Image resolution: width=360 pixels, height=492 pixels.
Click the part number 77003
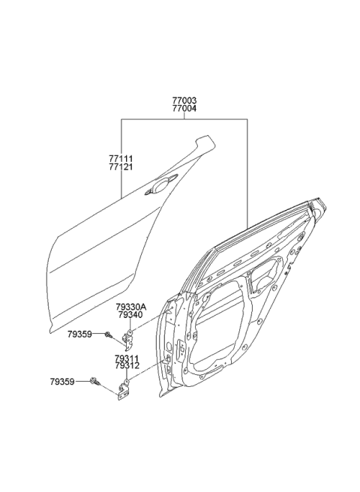(x=184, y=100)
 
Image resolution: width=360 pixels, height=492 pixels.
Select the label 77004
(x=184, y=109)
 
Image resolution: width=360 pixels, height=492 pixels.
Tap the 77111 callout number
(x=121, y=158)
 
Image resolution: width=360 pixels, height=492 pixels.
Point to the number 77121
(x=121, y=166)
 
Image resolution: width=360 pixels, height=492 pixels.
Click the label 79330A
(x=131, y=307)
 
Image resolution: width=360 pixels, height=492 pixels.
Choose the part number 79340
(x=130, y=315)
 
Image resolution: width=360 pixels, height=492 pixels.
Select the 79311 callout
(x=127, y=358)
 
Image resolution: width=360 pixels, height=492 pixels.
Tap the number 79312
(x=127, y=366)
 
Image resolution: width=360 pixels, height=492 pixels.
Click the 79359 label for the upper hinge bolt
(x=79, y=334)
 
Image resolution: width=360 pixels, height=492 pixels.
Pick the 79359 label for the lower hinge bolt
(x=62, y=382)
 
